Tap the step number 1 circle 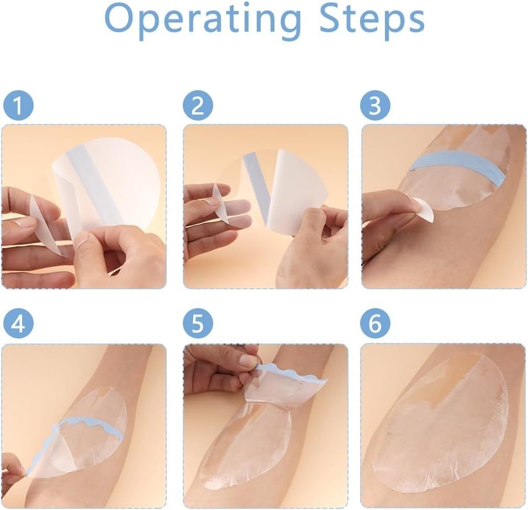click(19, 105)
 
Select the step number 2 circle click(198, 105)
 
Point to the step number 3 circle click(375, 105)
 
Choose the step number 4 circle click(19, 323)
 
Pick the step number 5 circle click(198, 323)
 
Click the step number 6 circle click(375, 323)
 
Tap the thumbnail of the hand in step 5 click(249, 360)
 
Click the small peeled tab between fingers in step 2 click(221, 202)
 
